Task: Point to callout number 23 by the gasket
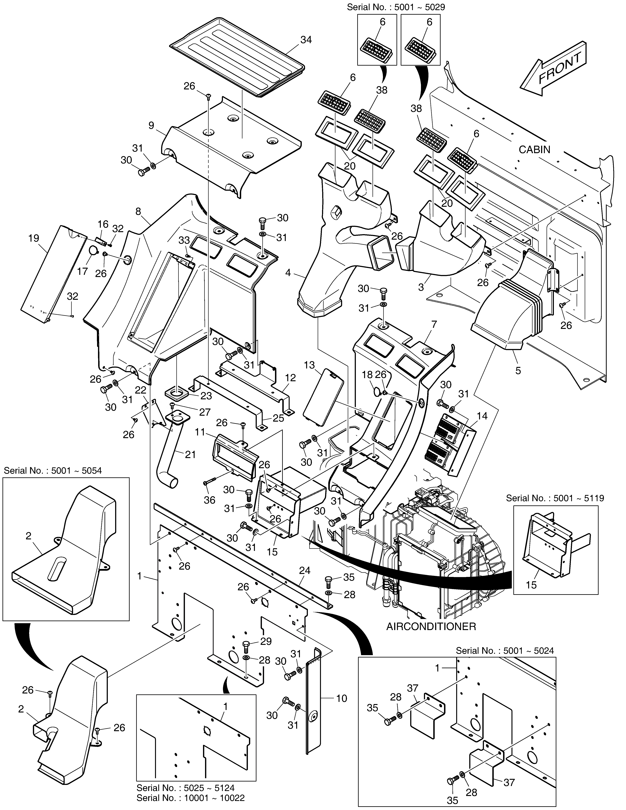coord(206,396)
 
